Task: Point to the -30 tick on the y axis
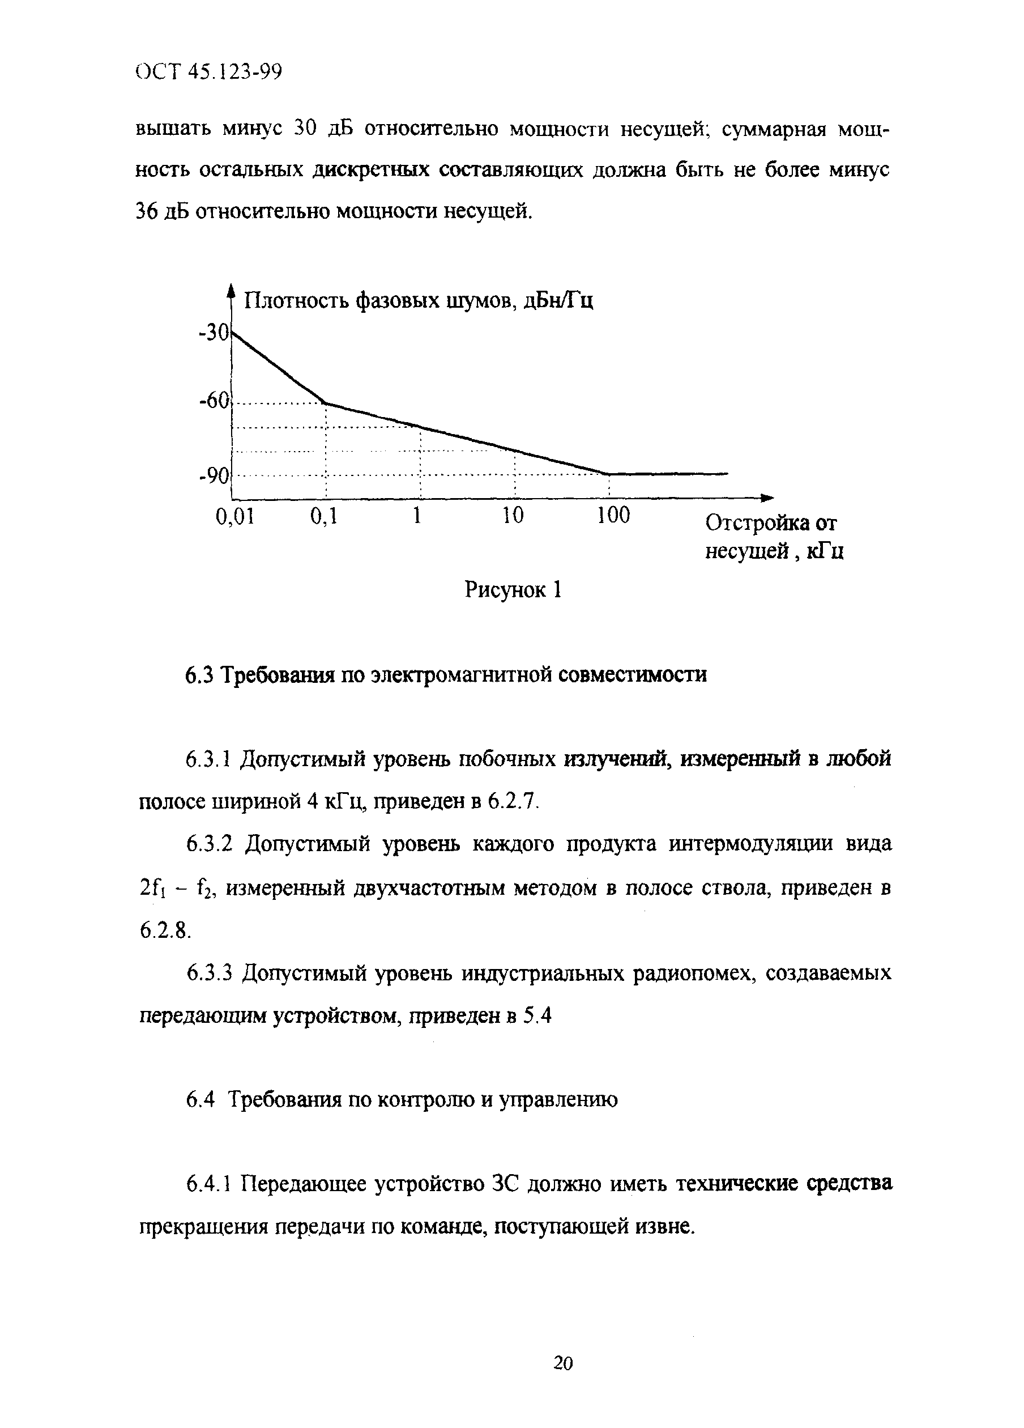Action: tap(215, 332)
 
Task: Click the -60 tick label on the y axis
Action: tap(215, 400)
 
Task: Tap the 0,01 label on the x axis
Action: tap(236, 516)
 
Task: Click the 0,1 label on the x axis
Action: tap(324, 516)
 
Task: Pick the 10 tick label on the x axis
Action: tap(513, 516)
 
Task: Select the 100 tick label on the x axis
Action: tap(613, 516)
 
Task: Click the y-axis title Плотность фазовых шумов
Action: tap(419, 301)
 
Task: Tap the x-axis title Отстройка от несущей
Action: tap(773, 537)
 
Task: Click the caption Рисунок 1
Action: tap(513, 590)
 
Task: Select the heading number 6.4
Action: tap(200, 1100)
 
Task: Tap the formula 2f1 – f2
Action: tap(177, 889)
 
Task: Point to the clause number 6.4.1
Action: tap(210, 1184)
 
